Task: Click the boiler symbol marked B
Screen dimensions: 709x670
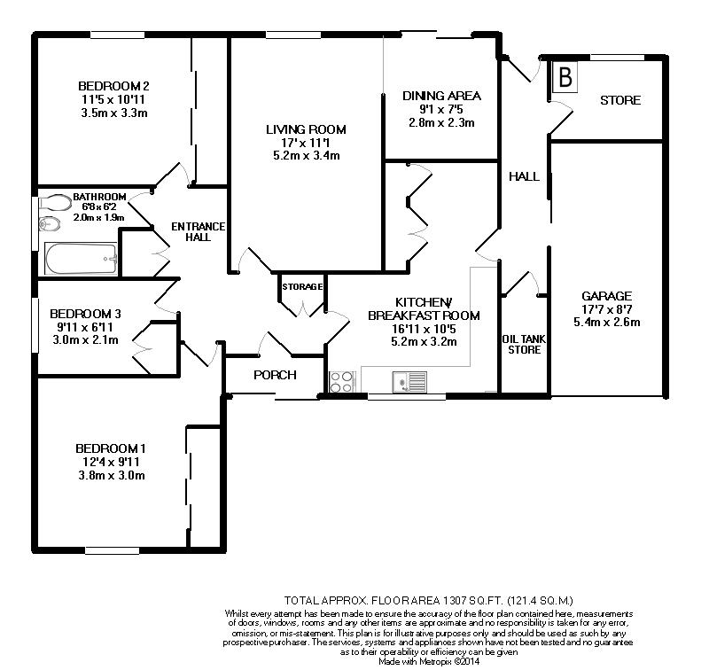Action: pos(565,77)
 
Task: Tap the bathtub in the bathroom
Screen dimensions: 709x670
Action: pos(81,259)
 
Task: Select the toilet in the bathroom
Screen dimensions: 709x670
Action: pos(55,203)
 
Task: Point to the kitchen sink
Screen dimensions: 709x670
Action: pos(409,382)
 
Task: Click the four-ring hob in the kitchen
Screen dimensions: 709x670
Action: pos(341,382)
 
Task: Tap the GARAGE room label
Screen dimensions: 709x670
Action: pos(606,296)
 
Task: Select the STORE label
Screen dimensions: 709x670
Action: pos(619,100)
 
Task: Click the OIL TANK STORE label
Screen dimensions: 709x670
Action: pos(524,345)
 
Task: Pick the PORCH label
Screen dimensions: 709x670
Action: pos(275,375)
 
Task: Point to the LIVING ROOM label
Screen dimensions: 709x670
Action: pos(306,129)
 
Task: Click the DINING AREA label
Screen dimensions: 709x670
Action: pos(441,96)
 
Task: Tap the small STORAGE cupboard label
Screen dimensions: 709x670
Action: pos(302,287)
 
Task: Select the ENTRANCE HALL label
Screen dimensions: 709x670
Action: pos(198,231)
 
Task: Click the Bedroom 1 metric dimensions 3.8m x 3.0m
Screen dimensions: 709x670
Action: pos(112,476)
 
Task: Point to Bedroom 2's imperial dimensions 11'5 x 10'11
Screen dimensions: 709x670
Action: pos(113,99)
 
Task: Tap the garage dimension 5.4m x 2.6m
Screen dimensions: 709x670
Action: pos(607,323)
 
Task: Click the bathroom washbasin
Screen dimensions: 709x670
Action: pos(49,224)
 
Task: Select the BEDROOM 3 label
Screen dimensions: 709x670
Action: pos(85,314)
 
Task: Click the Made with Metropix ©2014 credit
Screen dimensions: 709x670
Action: pos(429,661)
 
